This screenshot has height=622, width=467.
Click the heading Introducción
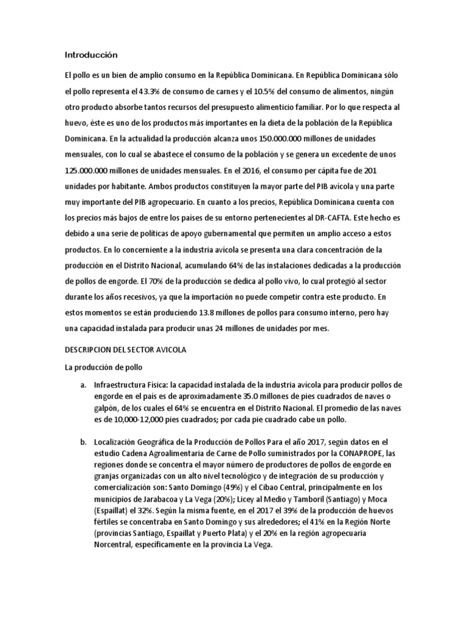[90, 55]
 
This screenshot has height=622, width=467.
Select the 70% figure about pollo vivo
[157, 281]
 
